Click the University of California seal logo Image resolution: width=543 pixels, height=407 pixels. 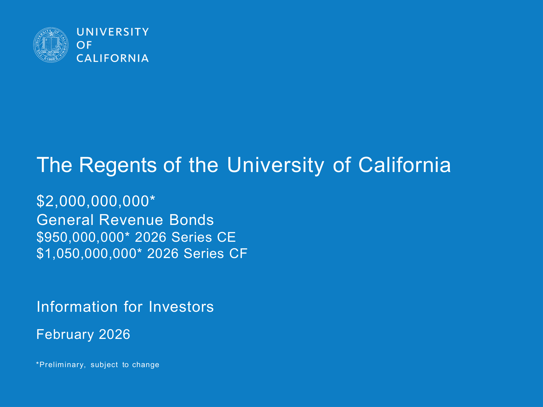(51, 45)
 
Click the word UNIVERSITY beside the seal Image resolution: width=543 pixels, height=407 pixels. (113, 32)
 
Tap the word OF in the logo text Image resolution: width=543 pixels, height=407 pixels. (84, 45)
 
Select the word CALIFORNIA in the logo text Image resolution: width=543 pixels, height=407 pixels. (113, 58)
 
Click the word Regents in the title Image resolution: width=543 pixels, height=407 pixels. (118, 165)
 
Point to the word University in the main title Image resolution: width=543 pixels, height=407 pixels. (276, 165)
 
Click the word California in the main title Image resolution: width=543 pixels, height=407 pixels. (405, 165)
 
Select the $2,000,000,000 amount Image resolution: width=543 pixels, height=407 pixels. (93, 201)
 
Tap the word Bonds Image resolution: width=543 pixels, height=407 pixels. (191, 220)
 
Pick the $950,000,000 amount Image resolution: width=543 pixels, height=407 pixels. (81, 237)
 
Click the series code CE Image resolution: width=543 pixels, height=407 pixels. (226, 237)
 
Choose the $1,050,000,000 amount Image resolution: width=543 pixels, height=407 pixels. (87, 253)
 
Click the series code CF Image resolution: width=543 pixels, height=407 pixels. (238, 253)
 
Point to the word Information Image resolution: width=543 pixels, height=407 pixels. (77, 307)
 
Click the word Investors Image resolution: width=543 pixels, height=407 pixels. (181, 307)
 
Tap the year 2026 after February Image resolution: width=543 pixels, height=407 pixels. (115, 334)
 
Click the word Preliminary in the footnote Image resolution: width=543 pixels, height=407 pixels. (62, 365)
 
